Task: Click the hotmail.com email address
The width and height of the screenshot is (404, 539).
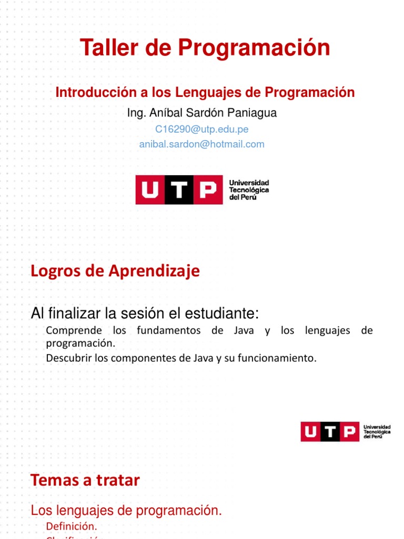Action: (x=201, y=144)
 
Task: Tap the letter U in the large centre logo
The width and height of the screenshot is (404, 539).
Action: (x=150, y=189)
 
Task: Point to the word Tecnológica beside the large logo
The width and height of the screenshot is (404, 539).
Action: (x=249, y=189)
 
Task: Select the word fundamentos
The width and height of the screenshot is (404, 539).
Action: (x=169, y=331)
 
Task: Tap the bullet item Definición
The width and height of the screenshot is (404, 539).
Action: (x=71, y=526)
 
